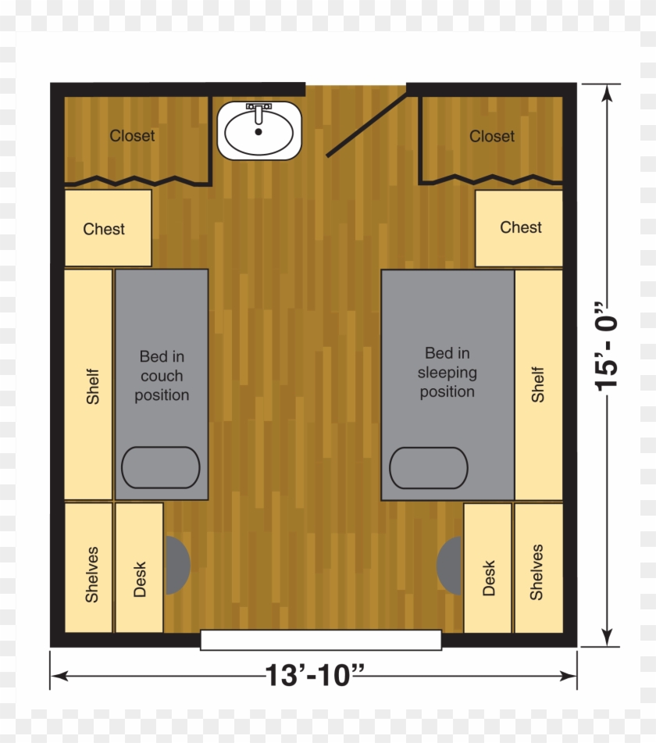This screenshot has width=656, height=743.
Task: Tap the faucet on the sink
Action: (258, 109)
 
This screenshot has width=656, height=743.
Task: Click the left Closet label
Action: (132, 136)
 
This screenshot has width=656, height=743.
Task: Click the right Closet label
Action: (492, 137)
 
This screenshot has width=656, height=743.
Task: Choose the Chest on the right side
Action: (519, 228)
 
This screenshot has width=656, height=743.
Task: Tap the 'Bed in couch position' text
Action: (162, 376)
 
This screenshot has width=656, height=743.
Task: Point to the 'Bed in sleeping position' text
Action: (447, 373)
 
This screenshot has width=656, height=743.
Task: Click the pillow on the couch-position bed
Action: (161, 467)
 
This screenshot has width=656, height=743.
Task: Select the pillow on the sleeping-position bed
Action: (429, 468)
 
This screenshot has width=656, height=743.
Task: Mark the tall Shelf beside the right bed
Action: (538, 384)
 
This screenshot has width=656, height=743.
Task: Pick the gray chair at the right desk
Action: (450, 564)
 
